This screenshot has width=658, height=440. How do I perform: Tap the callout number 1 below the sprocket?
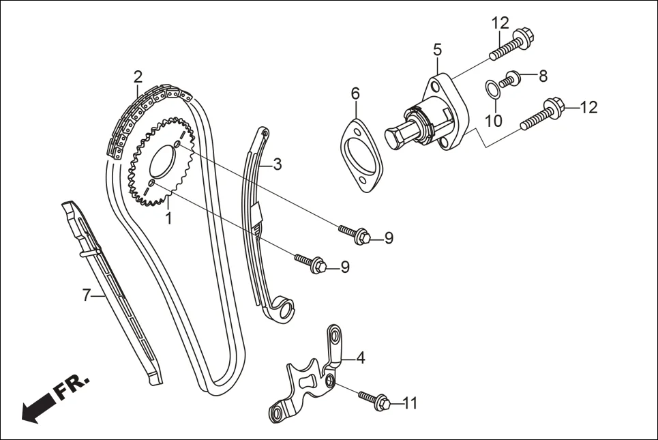coord(168,218)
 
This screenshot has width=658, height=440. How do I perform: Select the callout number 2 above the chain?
coord(138,76)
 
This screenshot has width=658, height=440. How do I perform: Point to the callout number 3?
coord(277,164)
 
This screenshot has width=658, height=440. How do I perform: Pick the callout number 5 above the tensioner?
coord(437,49)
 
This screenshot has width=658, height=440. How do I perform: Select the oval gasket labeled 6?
coord(361,154)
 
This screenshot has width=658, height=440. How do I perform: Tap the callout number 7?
coord(87,295)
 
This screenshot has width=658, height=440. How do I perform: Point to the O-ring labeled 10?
coord(490,89)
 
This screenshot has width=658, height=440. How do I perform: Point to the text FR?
coord(72,386)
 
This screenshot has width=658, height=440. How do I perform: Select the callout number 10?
coord(494,121)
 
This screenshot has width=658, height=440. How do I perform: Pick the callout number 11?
coord(409,404)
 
